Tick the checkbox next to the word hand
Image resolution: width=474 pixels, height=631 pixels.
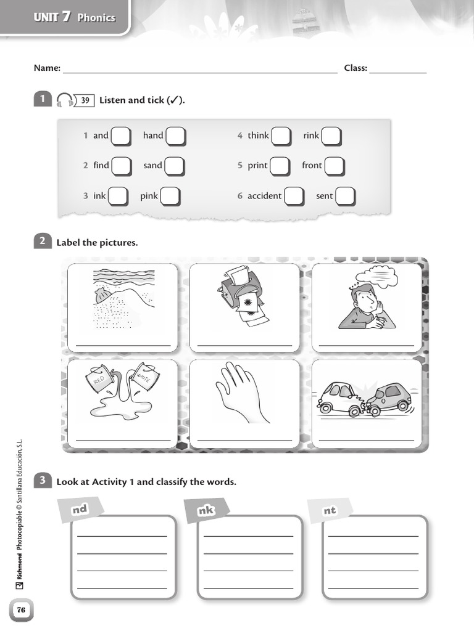pos(175,136)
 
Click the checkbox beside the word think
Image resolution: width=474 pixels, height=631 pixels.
pos(281,136)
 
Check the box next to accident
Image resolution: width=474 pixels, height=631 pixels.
pos(294,197)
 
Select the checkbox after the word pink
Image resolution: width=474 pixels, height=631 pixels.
pos(170,197)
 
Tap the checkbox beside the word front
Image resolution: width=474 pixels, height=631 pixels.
pos(335,166)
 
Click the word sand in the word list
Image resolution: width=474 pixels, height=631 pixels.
pos(152,165)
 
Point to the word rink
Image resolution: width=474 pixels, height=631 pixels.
pos(311,136)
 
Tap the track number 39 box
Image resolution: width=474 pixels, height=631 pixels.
pos(85,100)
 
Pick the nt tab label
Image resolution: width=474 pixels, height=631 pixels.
pos(330,510)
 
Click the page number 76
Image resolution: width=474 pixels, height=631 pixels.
pos(21,610)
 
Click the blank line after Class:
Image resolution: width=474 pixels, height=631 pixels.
pos(398,69)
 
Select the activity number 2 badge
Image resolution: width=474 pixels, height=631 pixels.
pos(43,242)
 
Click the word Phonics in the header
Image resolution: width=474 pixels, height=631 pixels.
pos(96,18)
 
